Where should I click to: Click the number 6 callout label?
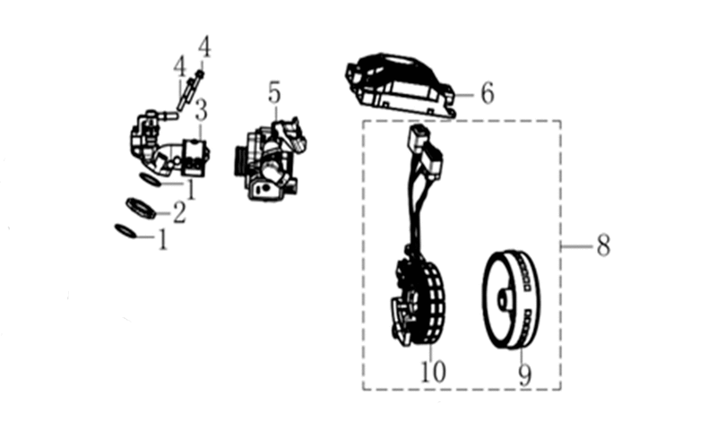click(488, 93)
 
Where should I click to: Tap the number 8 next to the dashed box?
click(603, 245)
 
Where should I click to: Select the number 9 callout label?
click(525, 375)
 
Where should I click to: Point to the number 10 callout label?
click(433, 371)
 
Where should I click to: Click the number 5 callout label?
click(274, 93)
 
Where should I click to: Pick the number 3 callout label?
click(201, 110)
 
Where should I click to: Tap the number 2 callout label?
click(179, 213)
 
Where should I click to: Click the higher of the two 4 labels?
click(204, 47)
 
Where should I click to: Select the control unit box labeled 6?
click(401, 85)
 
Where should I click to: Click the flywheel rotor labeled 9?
click(512, 301)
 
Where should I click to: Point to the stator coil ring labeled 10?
click(419, 302)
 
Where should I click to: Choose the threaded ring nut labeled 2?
click(141, 208)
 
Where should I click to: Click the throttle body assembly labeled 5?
click(271, 159)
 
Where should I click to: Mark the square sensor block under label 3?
click(195, 157)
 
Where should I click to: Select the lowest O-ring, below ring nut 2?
click(125, 231)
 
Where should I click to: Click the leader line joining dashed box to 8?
click(577, 246)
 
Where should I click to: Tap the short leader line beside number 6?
click(466, 95)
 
